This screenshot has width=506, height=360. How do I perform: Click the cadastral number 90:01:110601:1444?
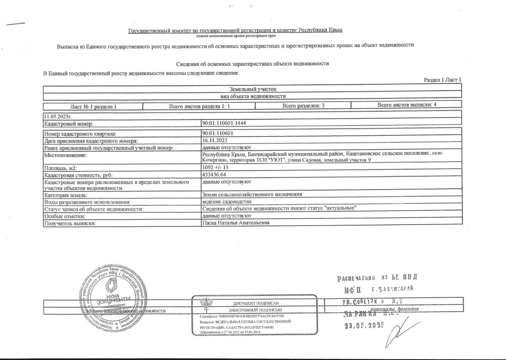[x=224, y=123]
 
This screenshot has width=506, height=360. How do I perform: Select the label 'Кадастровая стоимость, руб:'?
[x=75, y=174]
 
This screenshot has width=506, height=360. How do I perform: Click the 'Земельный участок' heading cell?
[x=252, y=89]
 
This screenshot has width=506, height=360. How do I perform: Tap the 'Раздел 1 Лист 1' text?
[x=442, y=80]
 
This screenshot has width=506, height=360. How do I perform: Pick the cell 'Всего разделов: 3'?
[x=303, y=106]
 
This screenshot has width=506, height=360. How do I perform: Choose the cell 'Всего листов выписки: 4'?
[x=406, y=105]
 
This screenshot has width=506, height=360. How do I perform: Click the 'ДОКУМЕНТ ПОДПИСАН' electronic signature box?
[x=254, y=315]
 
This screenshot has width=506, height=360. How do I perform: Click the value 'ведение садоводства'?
[x=226, y=202]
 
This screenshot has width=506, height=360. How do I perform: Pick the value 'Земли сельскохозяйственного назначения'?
[x=252, y=194]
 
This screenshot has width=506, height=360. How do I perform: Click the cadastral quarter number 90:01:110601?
[x=217, y=134]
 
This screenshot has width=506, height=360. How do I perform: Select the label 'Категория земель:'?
[x=66, y=195]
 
